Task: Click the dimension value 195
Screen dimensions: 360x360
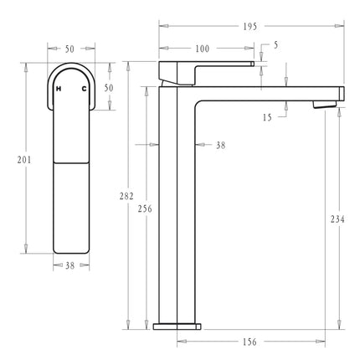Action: (x=250, y=26)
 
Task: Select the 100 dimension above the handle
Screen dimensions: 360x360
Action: (x=202, y=49)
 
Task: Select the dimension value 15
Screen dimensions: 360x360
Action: (x=267, y=118)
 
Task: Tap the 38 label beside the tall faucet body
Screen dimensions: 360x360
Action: (x=220, y=145)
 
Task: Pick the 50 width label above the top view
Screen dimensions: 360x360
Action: (x=70, y=49)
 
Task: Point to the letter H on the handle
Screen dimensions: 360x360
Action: (x=59, y=88)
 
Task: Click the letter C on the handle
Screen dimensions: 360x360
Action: (x=84, y=88)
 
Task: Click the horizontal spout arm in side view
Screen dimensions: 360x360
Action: (x=268, y=90)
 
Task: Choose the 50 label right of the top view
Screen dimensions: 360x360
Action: (x=108, y=87)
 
